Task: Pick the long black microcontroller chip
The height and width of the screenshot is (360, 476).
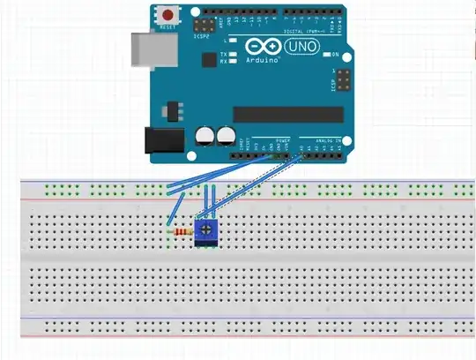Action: pyautogui.click(x=287, y=114)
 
